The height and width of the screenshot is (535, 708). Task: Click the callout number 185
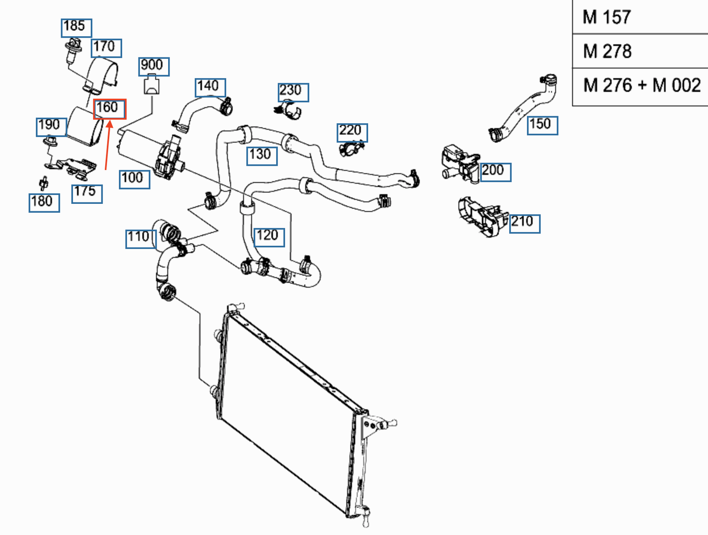(76, 28)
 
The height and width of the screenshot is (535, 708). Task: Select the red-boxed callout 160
(109, 109)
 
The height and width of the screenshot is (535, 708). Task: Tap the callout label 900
(154, 66)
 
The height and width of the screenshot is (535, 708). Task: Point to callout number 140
(210, 87)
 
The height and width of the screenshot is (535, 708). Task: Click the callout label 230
(293, 92)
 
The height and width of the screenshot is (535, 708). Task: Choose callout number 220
(352, 132)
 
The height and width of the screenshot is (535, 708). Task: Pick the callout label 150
(542, 125)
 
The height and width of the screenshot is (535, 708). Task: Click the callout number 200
(495, 172)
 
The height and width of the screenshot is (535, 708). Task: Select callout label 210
(524, 223)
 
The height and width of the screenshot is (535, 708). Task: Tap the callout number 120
(269, 237)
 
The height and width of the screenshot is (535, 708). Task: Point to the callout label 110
(141, 238)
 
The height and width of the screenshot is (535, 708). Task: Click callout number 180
(44, 203)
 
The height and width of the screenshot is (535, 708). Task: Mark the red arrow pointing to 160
(108, 146)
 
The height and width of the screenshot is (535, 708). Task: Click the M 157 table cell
(640, 17)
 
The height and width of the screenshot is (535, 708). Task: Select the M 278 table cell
(640, 51)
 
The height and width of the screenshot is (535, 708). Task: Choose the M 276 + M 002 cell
(640, 86)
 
